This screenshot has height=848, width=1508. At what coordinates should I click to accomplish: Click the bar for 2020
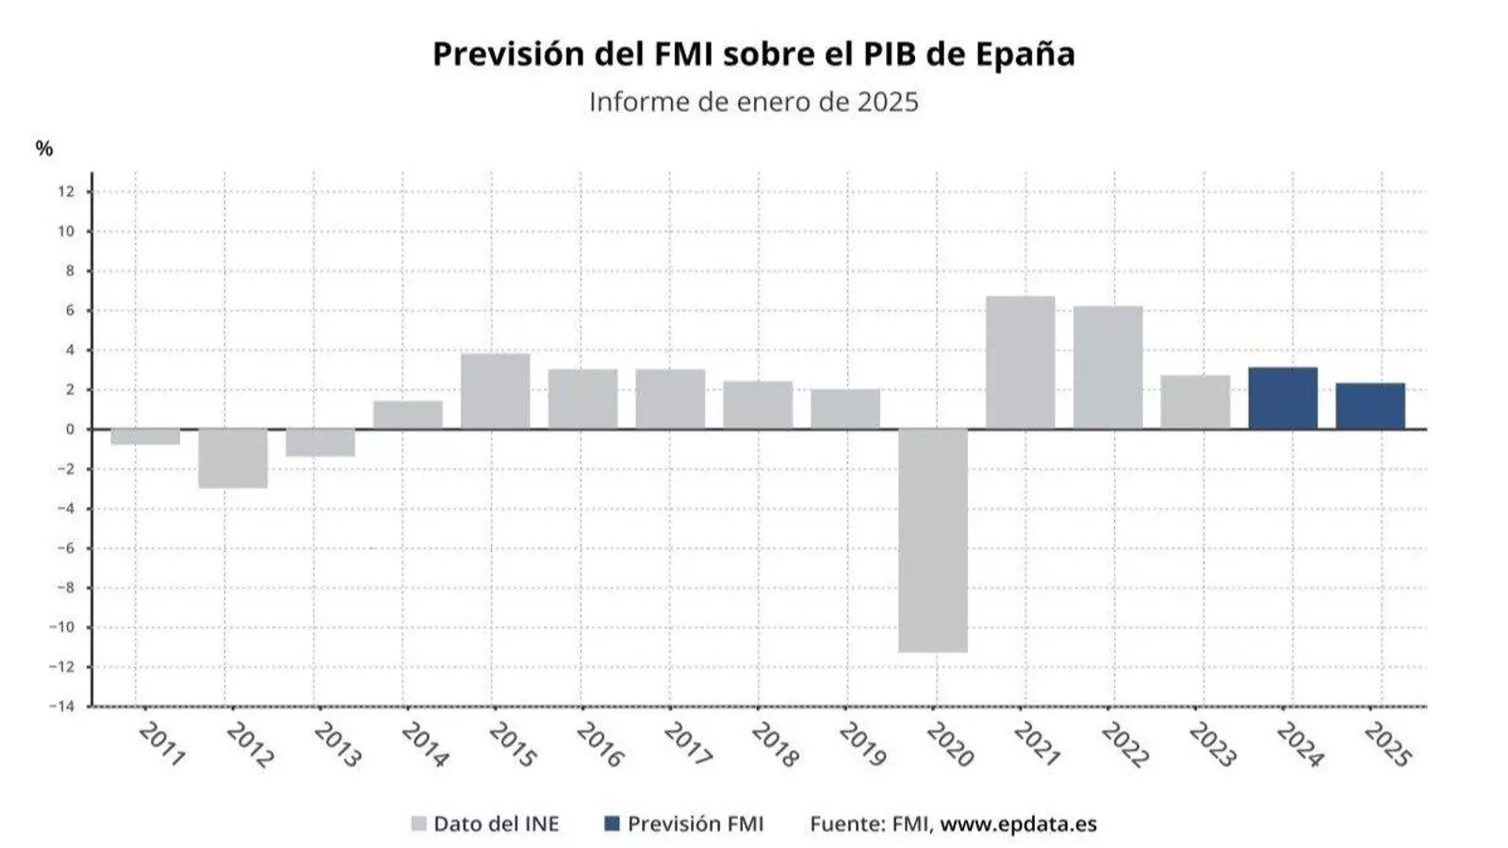pyautogui.click(x=932, y=540)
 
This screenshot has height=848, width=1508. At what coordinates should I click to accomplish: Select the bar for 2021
pyautogui.click(x=1020, y=363)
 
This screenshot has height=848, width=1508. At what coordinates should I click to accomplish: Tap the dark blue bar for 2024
pyautogui.click(x=1283, y=399)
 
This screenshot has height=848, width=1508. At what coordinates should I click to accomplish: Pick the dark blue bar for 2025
pyautogui.click(x=1369, y=406)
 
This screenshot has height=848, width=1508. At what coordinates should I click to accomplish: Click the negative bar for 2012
pyautogui.click(x=233, y=458)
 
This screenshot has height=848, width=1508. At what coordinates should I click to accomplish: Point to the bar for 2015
pyautogui.click(x=495, y=391)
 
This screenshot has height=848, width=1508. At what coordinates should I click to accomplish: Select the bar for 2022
pyautogui.click(x=1107, y=367)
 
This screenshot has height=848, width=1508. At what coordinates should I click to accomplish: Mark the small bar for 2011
pyautogui.click(x=145, y=437)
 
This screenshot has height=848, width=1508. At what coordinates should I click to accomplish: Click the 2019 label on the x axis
pyautogui.click(x=861, y=744)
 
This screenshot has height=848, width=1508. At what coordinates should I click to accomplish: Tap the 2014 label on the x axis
pyautogui.click(x=424, y=744)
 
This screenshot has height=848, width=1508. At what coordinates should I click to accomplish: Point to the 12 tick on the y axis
pyautogui.click(x=66, y=191)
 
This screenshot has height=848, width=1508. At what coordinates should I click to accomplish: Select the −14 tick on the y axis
pyautogui.click(x=62, y=706)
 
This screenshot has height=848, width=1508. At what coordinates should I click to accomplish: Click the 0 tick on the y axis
pyautogui.click(x=70, y=430)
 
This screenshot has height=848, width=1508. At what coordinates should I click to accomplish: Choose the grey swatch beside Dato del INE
pyautogui.click(x=419, y=824)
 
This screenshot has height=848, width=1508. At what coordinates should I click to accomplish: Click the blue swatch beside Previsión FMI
pyautogui.click(x=612, y=824)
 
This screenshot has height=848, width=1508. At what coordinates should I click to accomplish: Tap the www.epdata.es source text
pyautogui.click(x=1018, y=824)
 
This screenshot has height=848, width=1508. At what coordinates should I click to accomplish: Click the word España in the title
pyautogui.click(x=1024, y=54)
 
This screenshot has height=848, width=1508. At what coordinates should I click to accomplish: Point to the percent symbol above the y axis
pyautogui.click(x=44, y=149)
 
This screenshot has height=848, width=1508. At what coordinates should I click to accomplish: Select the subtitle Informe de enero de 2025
pyautogui.click(x=753, y=102)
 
